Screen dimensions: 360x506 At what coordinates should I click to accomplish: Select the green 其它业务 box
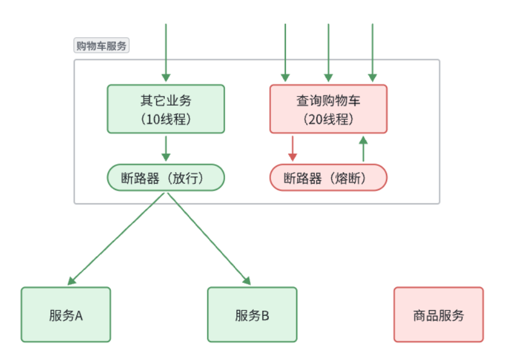point(165,109)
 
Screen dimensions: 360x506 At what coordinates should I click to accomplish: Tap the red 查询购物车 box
point(328,109)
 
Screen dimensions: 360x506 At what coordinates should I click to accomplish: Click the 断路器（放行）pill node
point(165,178)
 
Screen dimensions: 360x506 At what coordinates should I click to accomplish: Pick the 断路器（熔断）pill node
point(328,178)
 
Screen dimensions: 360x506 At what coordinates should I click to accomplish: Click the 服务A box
point(66,315)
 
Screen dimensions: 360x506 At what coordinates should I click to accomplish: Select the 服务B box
point(252,315)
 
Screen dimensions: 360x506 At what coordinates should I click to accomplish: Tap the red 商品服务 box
point(438,315)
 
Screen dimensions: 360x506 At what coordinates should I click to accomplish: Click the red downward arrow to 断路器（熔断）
point(292,148)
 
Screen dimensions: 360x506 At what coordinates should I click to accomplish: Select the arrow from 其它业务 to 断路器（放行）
point(165,148)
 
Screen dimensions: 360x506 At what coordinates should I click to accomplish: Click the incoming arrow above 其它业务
point(165,52)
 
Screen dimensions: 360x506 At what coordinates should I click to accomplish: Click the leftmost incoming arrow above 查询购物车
point(284,52)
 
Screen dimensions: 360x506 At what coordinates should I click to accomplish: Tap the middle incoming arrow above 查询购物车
point(328,52)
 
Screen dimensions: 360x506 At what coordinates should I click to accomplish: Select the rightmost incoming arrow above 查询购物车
point(372,52)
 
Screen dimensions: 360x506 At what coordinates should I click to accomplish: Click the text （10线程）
point(165,119)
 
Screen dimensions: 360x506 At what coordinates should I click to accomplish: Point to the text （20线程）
point(328,119)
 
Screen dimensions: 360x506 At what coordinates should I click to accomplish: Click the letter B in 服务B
point(265,316)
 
